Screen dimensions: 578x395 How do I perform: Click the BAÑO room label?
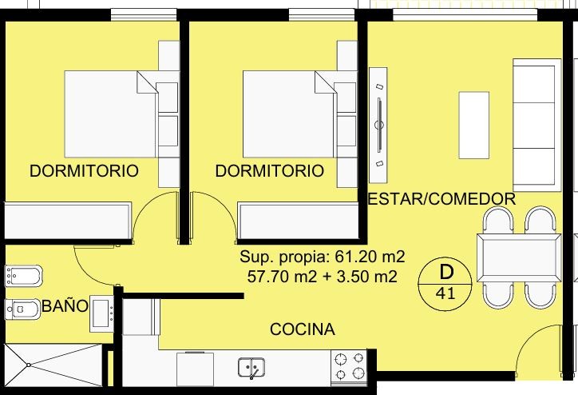pyautogui.click(x=65, y=306)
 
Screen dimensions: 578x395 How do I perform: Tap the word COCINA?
pyautogui.click(x=303, y=329)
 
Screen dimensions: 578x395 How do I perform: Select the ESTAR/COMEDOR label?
pyautogui.click(x=441, y=199)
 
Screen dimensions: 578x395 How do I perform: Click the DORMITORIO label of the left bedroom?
pyautogui.click(x=84, y=171)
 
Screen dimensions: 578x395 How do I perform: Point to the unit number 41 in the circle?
pyautogui.click(x=445, y=293)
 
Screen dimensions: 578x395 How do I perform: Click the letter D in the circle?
pyautogui.click(x=446, y=272)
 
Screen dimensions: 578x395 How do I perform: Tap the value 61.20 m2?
pyautogui.click(x=370, y=257)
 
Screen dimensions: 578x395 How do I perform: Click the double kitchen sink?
pyautogui.click(x=251, y=368)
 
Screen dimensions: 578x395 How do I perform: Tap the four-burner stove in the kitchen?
pyautogui.click(x=349, y=367)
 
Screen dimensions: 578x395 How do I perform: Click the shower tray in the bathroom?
pyautogui.click(x=53, y=365)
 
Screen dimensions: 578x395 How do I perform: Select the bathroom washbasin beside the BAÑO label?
pyautogui.click(x=101, y=313)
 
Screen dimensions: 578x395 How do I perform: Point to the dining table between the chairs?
pyautogui.click(x=520, y=257)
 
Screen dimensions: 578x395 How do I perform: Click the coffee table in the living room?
pyautogui.click(x=474, y=126)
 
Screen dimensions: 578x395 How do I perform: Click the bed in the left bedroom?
pyautogui.click(x=111, y=114)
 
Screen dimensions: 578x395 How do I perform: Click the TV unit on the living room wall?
pyautogui.click(x=378, y=125)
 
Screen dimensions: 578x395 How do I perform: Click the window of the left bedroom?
pyautogui.click(x=144, y=14)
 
